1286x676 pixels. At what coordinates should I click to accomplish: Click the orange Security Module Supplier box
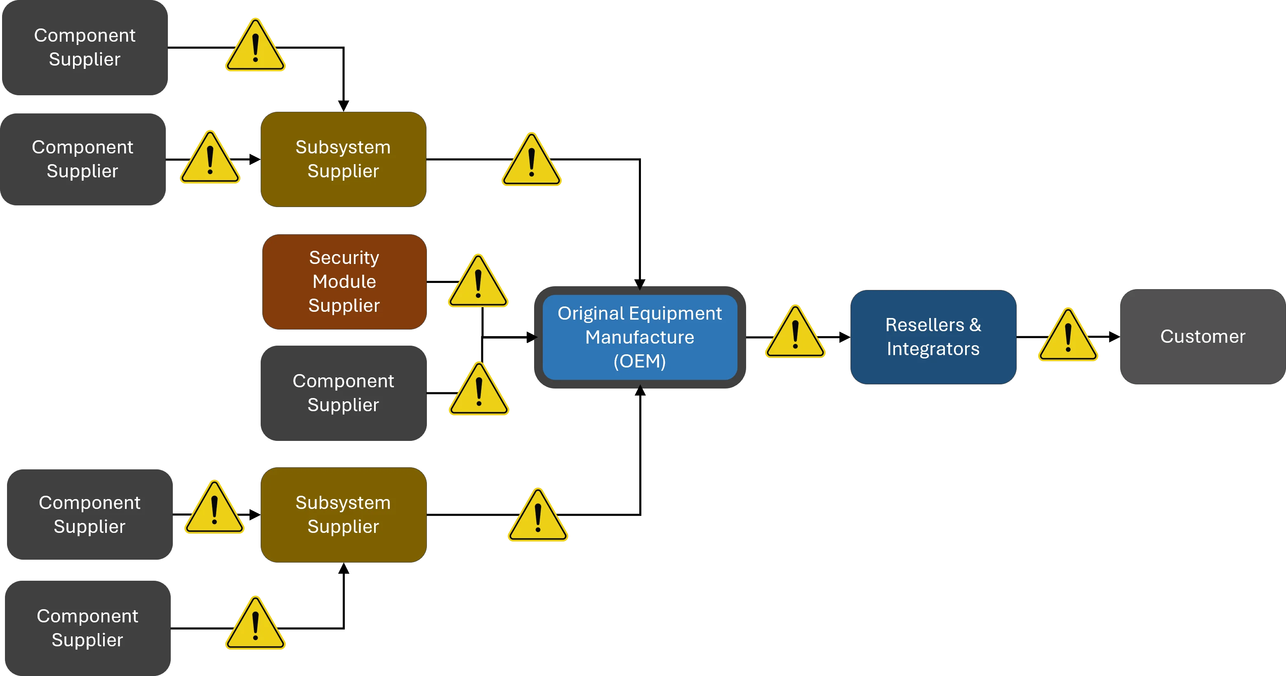pyautogui.click(x=344, y=282)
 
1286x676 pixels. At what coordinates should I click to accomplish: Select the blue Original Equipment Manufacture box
pyautogui.click(x=640, y=337)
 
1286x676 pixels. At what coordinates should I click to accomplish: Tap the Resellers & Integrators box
pyautogui.click(x=933, y=337)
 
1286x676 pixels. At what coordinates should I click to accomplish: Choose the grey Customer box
pyautogui.click(x=1202, y=337)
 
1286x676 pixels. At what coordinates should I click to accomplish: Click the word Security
pyautogui.click(x=344, y=258)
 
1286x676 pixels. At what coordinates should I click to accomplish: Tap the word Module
pyautogui.click(x=344, y=282)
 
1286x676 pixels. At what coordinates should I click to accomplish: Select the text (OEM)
pyautogui.click(x=640, y=361)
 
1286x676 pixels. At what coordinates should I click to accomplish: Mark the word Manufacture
pyautogui.click(x=640, y=337)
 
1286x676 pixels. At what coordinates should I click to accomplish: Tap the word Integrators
pyautogui.click(x=933, y=349)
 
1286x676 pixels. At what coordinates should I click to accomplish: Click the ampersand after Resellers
pyautogui.click(x=975, y=325)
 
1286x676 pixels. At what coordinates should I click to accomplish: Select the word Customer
pyautogui.click(x=1202, y=337)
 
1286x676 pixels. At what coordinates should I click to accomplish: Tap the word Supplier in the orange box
pyautogui.click(x=344, y=306)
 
